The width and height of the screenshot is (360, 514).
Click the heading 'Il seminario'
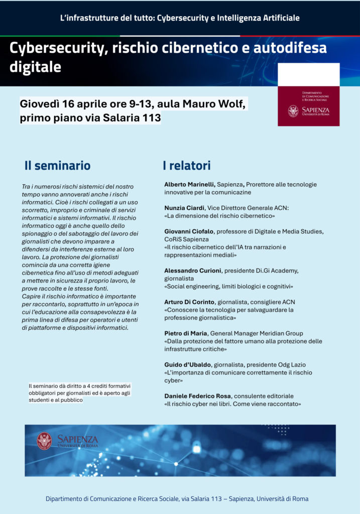point(57,166)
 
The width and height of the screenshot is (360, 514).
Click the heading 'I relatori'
point(186,166)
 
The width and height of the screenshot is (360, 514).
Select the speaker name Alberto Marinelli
point(189,185)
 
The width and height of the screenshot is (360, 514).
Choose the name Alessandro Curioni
point(193,271)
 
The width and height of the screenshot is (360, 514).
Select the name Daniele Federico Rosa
point(198,396)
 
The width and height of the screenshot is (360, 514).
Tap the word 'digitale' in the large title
point(35,67)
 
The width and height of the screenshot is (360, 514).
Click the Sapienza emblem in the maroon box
point(293,111)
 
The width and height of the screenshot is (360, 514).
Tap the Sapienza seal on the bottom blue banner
point(44,441)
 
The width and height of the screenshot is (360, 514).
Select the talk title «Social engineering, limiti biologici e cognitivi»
point(228,287)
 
